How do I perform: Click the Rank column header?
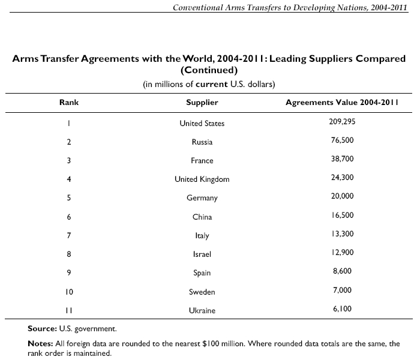pyautogui.click(x=69, y=103)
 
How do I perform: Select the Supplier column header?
pyautogui.click(x=202, y=103)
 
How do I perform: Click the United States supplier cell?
pyautogui.click(x=202, y=124)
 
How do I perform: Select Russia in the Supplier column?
pyautogui.click(x=202, y=142)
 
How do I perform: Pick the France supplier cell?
pyautogui.click(x=202, y=161)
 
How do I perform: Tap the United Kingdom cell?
pyautogui.click(x=202, y=179)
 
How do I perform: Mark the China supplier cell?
pyautogui.click(x=202, y=217)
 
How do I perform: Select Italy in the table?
pyautogui.click(x=202, y=236)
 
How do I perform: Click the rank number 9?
pyautogui.click(x=69, y=273)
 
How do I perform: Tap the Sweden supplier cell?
pyautogui.click(x=202, y=292)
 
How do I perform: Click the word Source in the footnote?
pyautogui.click(x=41, y=329)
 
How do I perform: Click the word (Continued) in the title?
pyautogui.click(x=209, y=70)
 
